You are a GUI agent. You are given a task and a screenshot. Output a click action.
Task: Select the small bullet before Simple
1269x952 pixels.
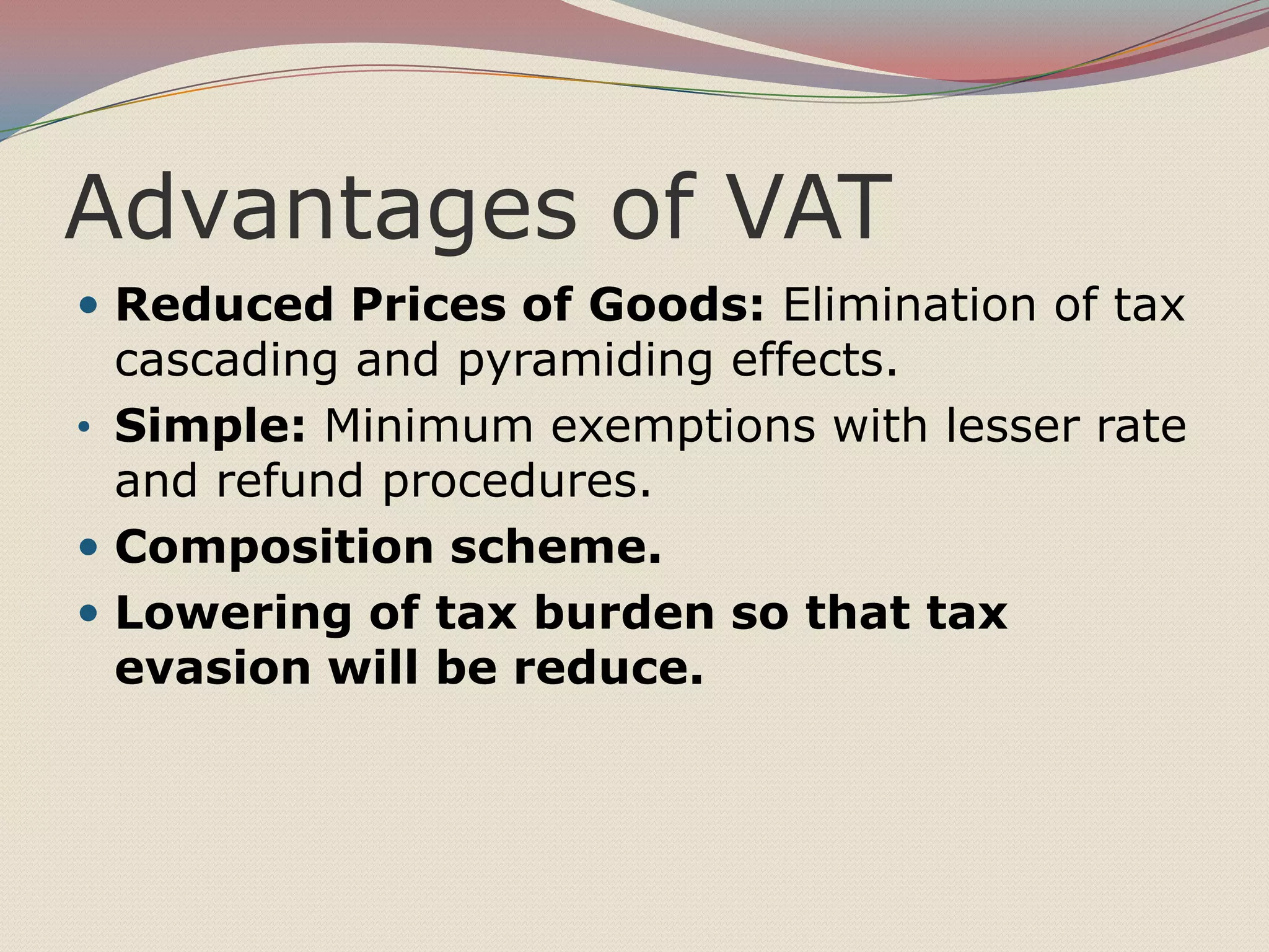[85, 427]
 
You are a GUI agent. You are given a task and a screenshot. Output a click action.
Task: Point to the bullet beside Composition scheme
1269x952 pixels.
[89, 548]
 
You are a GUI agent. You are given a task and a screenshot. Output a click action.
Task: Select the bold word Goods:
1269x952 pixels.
[676, 306]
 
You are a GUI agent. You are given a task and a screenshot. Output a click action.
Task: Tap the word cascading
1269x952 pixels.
[226, 361]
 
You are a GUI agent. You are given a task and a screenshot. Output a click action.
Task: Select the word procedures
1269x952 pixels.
[517, 483]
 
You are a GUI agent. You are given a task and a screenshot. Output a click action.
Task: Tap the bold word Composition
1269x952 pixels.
[274, 548]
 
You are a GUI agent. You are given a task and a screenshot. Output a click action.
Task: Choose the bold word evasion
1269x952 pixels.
[213, 668]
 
